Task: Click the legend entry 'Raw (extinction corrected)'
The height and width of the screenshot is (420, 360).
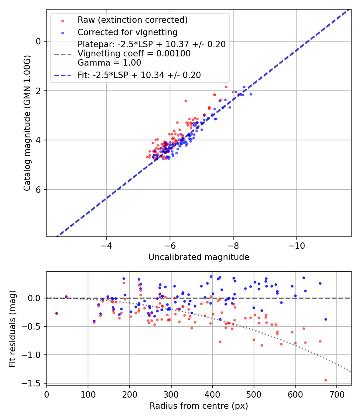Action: click(132, 20)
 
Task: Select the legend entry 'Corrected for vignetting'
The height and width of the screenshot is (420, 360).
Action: click(127, 32)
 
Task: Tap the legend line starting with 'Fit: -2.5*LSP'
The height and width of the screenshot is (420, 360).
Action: click(139, 75)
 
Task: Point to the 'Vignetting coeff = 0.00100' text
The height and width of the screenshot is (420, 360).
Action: click(134, 53)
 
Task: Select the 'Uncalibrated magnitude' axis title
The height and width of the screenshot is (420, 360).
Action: click(199, 257)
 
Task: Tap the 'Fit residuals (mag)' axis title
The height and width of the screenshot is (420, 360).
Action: click(13, 328)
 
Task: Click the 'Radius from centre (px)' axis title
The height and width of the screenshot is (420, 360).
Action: click(199, 406)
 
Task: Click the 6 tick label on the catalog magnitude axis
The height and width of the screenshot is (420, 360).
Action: click(38, 190)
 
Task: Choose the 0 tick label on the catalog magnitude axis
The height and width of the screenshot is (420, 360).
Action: click(38, 41)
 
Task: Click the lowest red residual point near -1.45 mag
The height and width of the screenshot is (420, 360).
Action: click(326, 380)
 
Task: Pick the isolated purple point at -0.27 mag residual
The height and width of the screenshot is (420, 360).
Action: click(56, 313)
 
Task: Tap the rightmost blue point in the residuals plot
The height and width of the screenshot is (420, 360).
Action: click(326, 319)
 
